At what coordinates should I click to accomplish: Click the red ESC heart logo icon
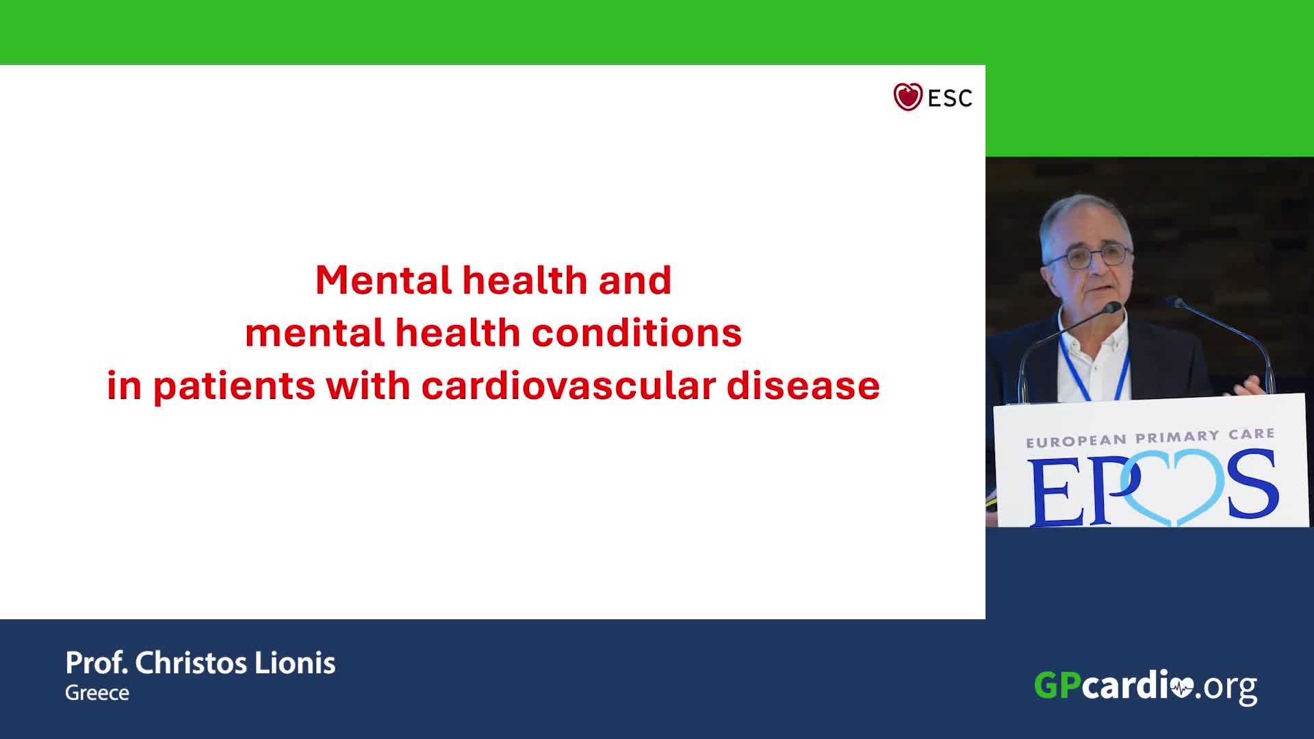coord(908,97)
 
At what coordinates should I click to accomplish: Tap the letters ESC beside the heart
coord(950,99)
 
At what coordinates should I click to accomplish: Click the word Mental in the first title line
coord(383,280)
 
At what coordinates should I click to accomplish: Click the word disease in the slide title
coord(803,385)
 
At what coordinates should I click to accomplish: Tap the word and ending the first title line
coord(635,280)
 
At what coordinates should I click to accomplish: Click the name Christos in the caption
coord(191,663)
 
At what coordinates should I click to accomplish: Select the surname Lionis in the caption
coord(295,663)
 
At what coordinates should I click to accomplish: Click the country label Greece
coord(97,693)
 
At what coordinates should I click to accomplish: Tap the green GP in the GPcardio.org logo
coord(1057,685)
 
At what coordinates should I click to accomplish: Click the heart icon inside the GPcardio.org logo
coord(1182,688)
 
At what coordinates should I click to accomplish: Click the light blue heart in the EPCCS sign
coord(1172,487)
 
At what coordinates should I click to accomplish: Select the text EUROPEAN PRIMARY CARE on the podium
coord(1150,438)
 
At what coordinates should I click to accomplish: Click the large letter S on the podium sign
coord(1252,484)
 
